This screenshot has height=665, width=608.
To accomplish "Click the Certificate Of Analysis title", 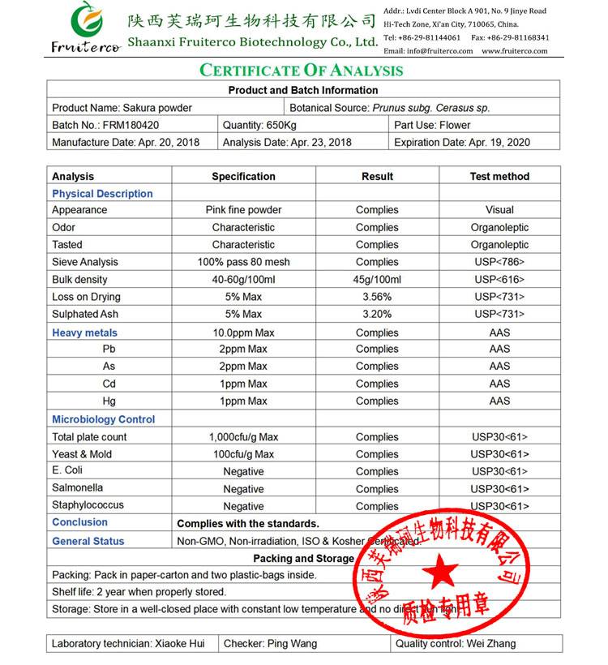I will click(x=302, y=71).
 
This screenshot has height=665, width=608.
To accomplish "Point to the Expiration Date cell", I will click(x=462, y=142).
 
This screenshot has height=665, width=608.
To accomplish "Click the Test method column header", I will click(x=499, y=176).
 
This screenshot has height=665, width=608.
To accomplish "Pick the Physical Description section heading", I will click(x=102, y=194).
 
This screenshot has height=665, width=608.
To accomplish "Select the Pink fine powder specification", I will click(x=243, y=210).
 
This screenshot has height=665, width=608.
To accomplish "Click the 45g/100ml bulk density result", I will click(x=377, y=280).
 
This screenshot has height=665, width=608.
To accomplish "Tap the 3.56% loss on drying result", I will click(x=377, y=297).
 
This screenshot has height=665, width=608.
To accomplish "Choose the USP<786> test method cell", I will click(x=499, y=262).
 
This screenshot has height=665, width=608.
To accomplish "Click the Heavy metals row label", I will click(x=84, y=332).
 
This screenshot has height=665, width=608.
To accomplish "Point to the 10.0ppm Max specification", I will click(x=243, y=332).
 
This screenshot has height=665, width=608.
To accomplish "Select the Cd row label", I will click(x=109, y=384).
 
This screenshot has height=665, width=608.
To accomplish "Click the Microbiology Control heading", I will click(x=103, y=419).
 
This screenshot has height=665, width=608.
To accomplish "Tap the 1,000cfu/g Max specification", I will click(x=243, y=437).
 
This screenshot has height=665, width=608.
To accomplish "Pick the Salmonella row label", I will click(x=78, y=488).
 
